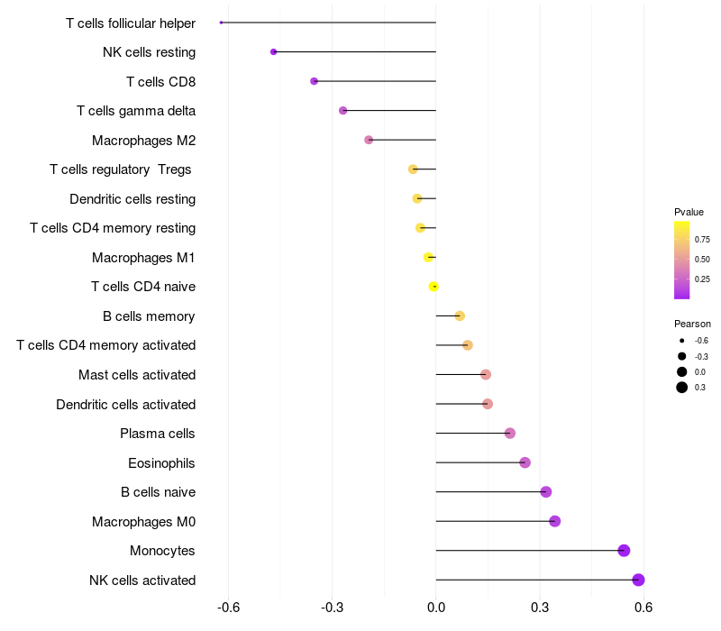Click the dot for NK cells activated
pos(638,580)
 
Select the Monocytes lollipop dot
pos(624,551)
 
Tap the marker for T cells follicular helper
pos(221,23)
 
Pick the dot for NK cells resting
pos(273,52)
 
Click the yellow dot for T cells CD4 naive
pos(434,287)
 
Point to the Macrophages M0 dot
pos(554,521)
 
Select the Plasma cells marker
pos(510,434)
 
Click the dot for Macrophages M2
pos(369,140)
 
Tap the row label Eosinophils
pos(161,463)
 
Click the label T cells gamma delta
pos(136,111)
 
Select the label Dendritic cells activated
pos(126,405)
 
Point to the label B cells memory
pos(149,316)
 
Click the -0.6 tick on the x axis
pos(229,608)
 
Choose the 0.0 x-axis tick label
pos(436,608)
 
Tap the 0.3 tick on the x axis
pos(540,608)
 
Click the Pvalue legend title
pos(689,212)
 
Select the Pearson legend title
pos(692,324)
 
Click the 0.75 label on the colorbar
pos(702,239)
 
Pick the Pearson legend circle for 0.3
pos(682,388)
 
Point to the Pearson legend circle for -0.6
pos(682,341)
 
